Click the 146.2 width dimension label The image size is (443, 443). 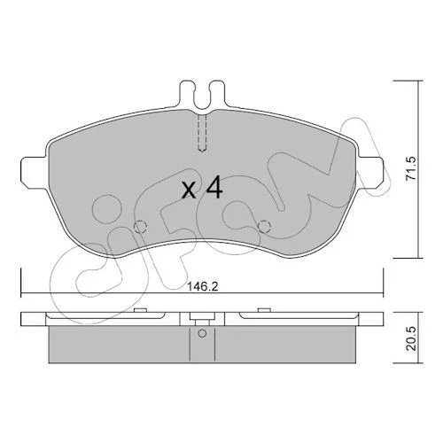tap(203, 286)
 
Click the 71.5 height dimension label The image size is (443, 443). tap(411, 168)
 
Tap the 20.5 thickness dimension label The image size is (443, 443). tap(411, 338)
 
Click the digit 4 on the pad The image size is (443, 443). tap(214, 187)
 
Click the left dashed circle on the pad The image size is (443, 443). tap(140, 227)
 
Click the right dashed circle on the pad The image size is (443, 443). tap(264, 227)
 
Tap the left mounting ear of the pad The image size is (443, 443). tap(34, 172)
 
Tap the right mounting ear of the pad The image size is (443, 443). tap(370, 172)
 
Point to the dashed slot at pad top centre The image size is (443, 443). tap(202, 133)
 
